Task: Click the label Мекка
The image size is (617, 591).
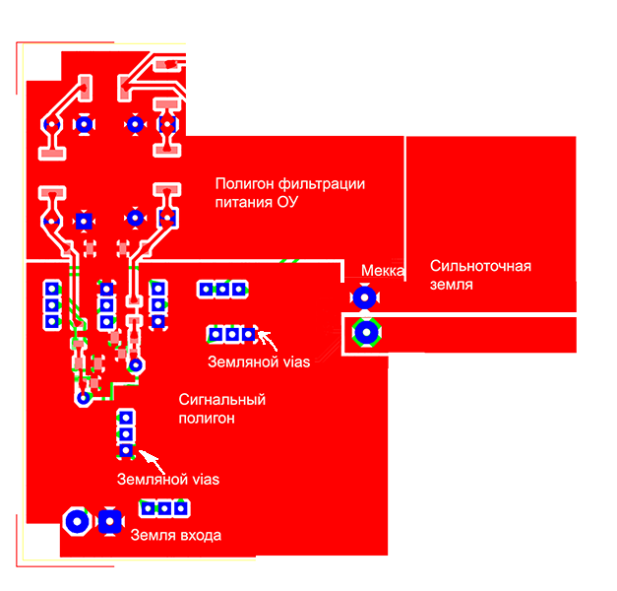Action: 383,271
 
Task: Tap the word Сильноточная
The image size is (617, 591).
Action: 480,267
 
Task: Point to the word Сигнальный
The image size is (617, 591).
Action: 222,400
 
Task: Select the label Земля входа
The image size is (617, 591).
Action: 176,535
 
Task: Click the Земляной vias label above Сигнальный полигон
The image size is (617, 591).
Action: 259,361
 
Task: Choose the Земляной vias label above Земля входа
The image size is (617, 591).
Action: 167,480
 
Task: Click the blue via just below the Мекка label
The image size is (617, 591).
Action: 365,295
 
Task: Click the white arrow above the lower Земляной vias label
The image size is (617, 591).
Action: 149,458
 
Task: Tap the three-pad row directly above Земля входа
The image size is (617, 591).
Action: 164,508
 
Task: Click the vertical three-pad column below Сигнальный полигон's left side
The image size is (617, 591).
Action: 125,433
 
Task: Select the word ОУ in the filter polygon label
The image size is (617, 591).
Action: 288,203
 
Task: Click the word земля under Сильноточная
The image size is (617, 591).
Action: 452,285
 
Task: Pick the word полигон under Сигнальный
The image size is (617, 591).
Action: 208,419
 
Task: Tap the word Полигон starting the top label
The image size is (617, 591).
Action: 245,184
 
